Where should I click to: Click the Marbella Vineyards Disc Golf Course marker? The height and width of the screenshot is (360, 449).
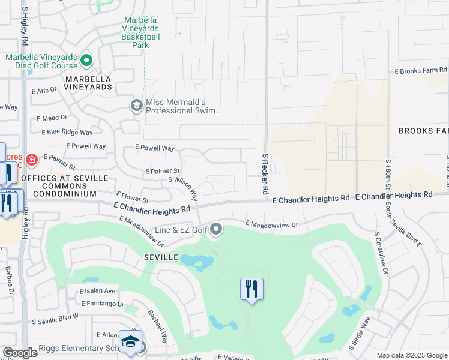tap(86, 61)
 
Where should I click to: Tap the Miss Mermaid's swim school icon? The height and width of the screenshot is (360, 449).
tap(136, 106)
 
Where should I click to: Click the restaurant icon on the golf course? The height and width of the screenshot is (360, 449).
tap(252, 290)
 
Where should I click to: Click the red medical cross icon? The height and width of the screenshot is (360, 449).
tap(31, 160)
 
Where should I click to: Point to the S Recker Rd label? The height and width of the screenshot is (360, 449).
tap(264, 173)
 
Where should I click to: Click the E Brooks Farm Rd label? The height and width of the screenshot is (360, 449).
tap(421, 71)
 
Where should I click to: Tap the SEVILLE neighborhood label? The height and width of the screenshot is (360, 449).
tap(160, 257)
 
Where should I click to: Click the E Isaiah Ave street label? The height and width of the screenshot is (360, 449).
tap(97, 291)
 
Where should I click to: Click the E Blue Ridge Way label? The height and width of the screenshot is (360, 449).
tap(67, 132)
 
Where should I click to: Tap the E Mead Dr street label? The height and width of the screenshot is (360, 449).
tap(52, 118)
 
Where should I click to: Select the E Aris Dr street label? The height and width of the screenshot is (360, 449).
tap(44, 90)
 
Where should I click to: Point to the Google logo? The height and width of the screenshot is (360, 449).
tap(20, 353)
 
